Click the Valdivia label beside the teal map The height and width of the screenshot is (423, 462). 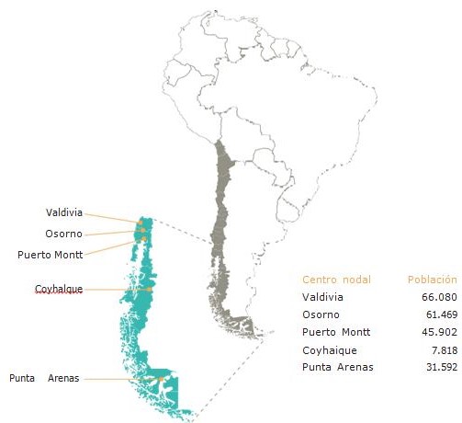(x=63, y=212)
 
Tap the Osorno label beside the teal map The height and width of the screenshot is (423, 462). (x=62, y=233)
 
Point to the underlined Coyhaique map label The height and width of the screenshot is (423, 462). (x=59, y=289)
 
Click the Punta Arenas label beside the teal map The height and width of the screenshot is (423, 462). (x=44, y=378)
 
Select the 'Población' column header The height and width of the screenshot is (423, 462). (x=432, y=279)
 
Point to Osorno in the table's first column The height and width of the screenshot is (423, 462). (x=321, y=315)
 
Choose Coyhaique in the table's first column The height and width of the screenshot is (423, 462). (x=328, y=350)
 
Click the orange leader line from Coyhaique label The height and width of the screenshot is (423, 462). (x=115, y=290)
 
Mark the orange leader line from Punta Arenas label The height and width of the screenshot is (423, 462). (x=119, y=379)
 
